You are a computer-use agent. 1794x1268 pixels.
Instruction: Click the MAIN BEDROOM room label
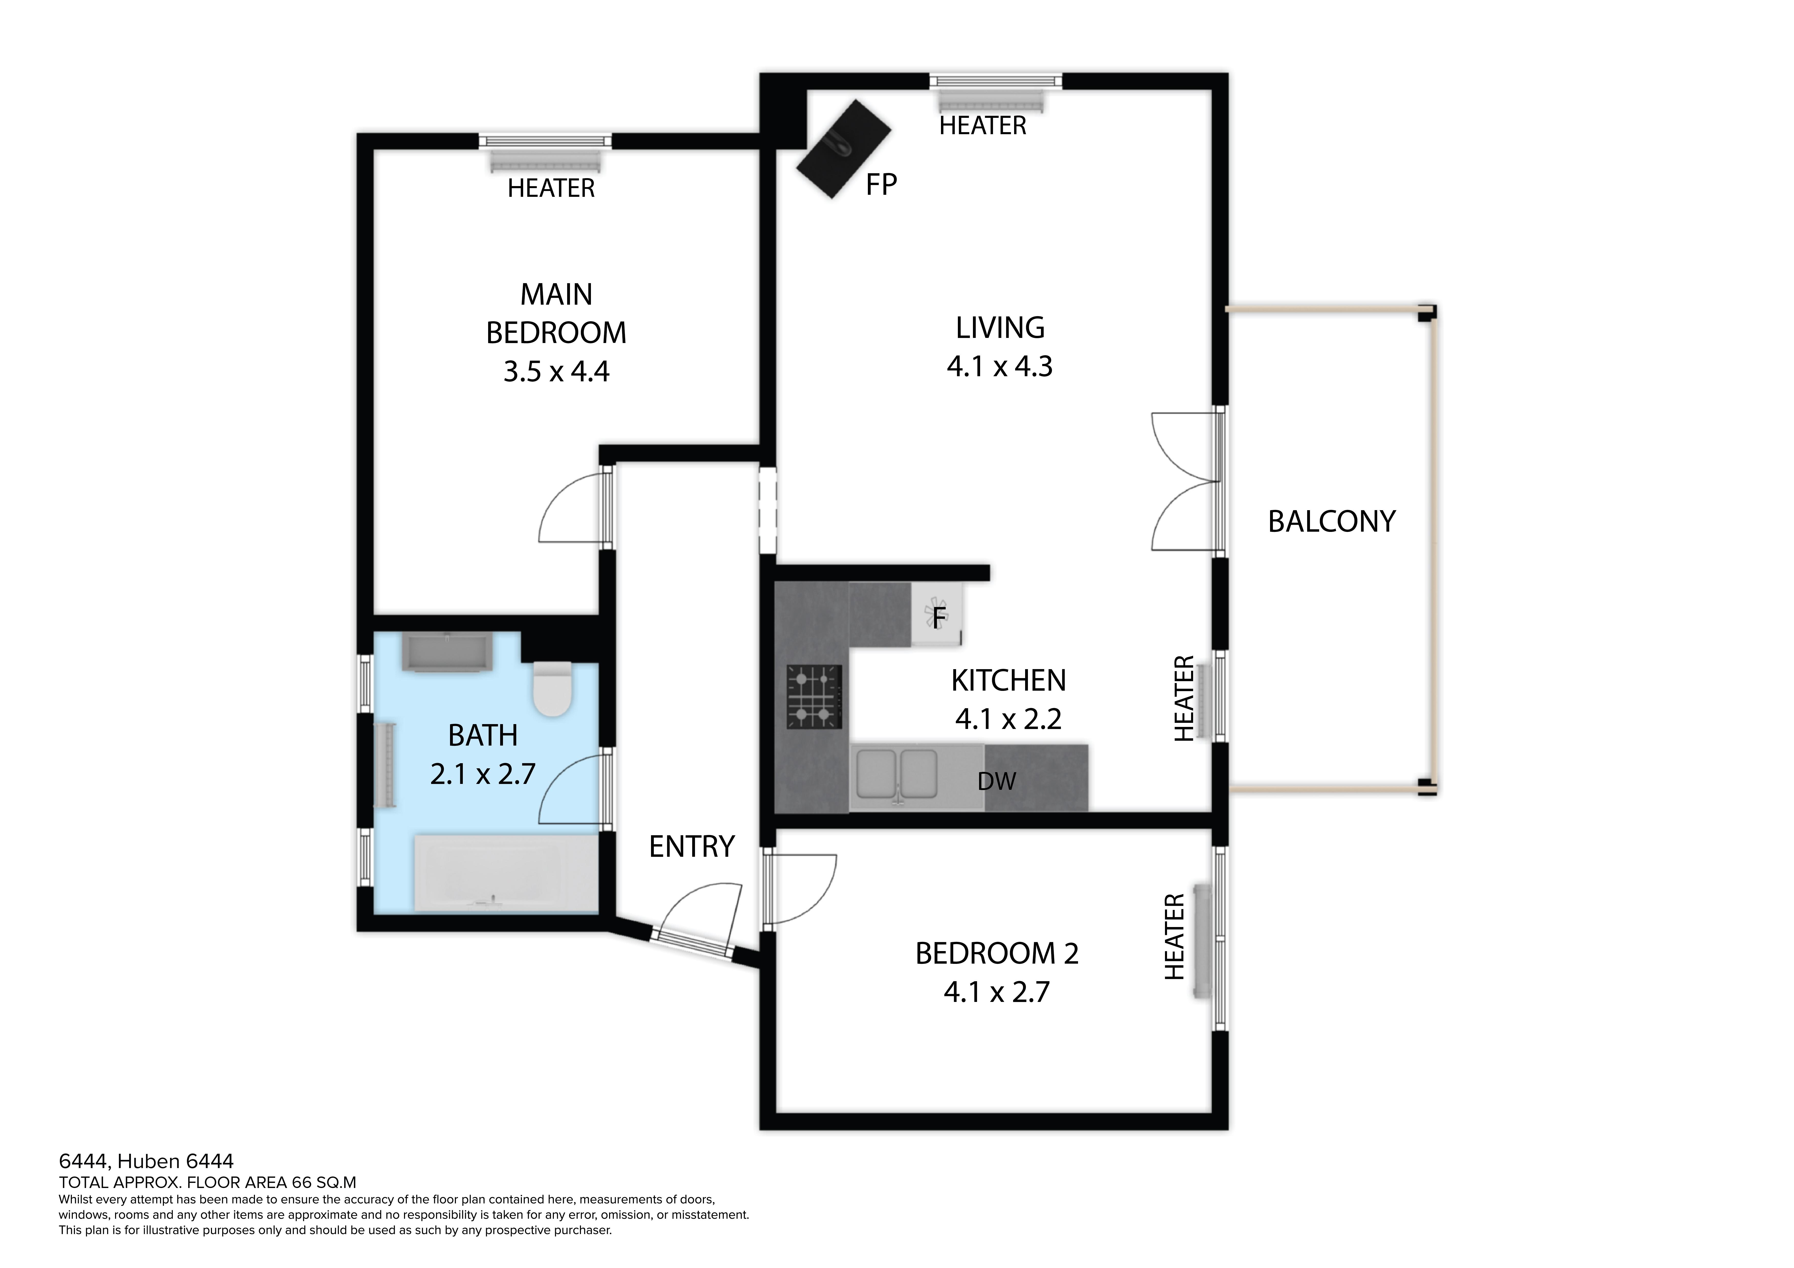(x=556, y=313)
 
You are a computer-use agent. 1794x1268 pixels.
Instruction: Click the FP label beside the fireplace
(x=881, y=184)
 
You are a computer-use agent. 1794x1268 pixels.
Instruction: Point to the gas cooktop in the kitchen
(x=815, y=695)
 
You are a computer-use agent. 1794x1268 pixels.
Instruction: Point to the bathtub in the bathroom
(x=506, y=873)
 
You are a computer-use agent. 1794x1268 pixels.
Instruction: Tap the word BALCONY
(x=1331, y=521)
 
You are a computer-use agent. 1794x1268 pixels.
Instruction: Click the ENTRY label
(x=691, y=846)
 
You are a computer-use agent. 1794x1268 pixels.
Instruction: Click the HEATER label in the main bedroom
(x=551, y=188)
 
